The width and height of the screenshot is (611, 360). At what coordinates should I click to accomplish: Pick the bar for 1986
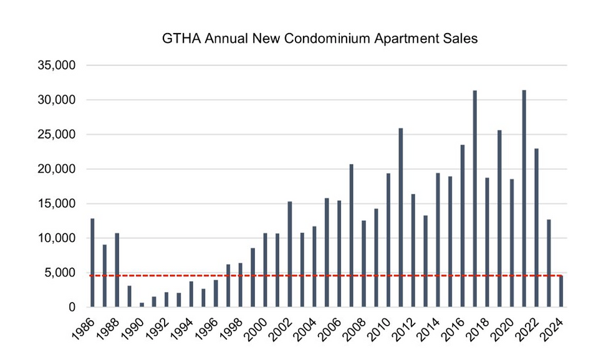point(92,263)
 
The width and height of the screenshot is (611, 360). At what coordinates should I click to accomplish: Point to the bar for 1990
point(142,304)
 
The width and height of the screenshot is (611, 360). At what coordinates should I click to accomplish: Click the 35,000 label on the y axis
point(57,66)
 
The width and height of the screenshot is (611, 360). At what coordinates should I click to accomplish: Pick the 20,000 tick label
point(57,169)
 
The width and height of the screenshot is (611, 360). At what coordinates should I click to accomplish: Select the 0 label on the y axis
point(72,307)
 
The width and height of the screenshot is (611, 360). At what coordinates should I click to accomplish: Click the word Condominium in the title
point(324,39)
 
